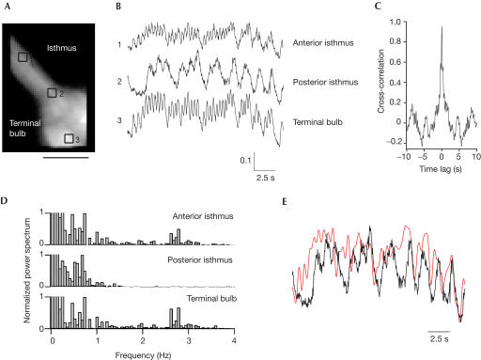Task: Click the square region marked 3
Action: coord(70,139)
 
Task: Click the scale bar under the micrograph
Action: coord(65,157)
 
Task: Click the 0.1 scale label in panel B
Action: coord(243,161)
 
